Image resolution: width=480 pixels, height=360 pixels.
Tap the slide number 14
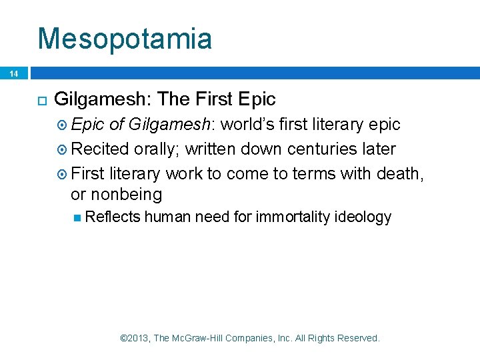coord(14,74)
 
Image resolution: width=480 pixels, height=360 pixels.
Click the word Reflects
coord(113,217)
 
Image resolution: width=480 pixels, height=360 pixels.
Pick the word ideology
coord(365,217)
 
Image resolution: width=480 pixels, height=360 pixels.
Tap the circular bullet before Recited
coord(63,149)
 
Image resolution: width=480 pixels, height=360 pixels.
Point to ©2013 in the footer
coord(135,338)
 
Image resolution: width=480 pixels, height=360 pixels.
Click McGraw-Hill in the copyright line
coord(198,338)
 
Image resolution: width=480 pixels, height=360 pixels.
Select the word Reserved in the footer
coord(359,338)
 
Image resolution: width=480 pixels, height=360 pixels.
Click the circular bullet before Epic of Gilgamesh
coord(63,125)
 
